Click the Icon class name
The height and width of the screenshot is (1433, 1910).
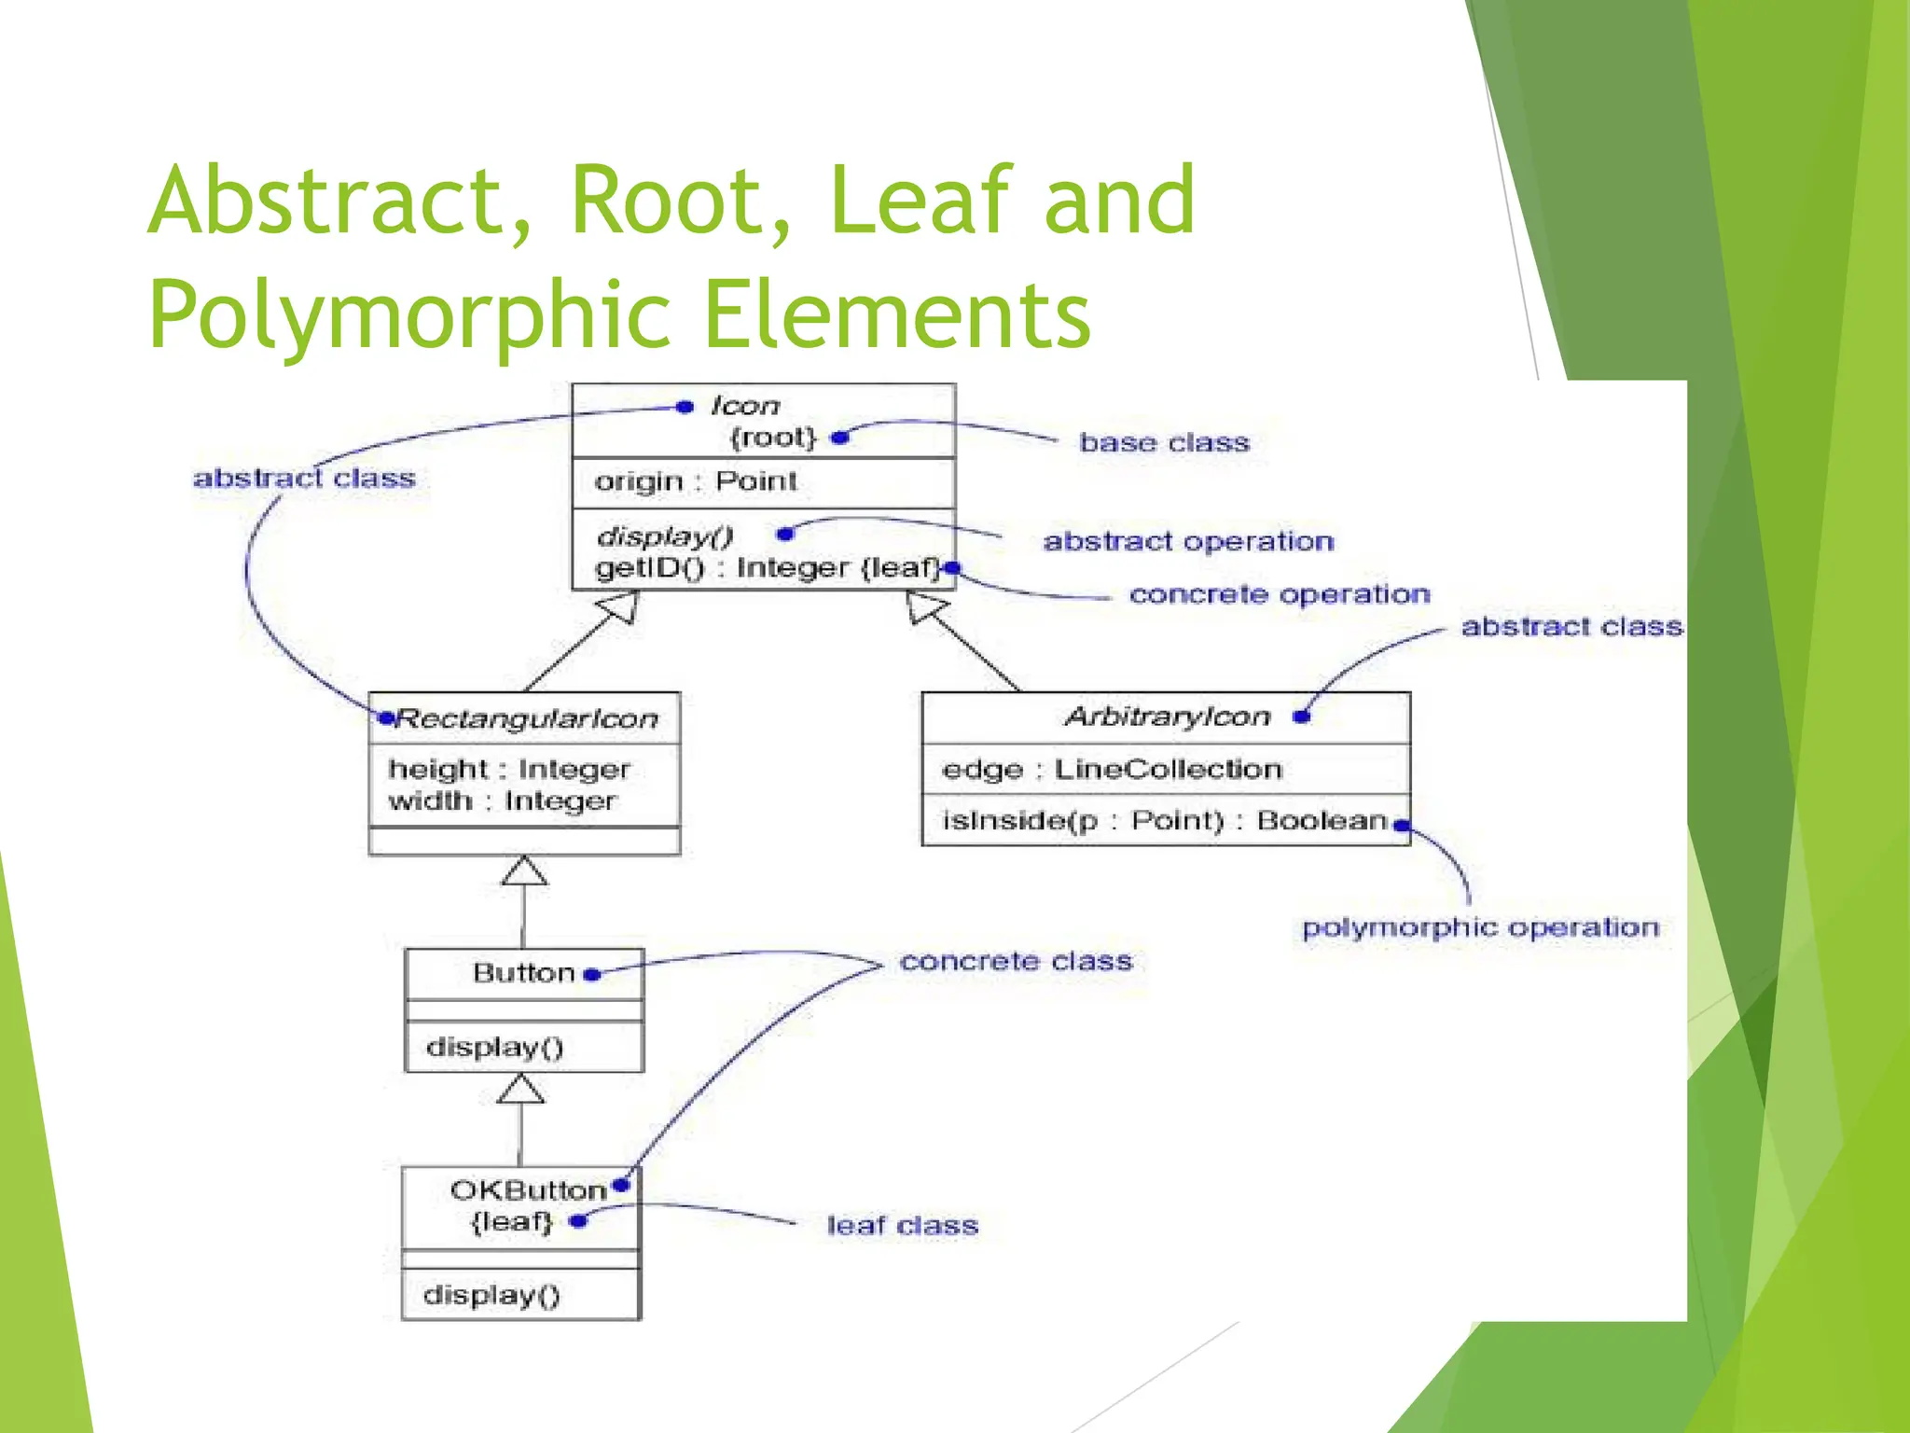(x=744, y=406)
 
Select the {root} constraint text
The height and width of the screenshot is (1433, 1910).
(x=773, y=438)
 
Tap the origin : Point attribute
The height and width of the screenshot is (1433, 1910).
(x=696, y=481)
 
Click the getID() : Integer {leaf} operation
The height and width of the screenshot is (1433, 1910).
(x=767, y=568)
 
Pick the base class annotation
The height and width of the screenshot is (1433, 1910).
(x=1164, y=442)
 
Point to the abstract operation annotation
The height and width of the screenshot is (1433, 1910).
(x=1188, y=541)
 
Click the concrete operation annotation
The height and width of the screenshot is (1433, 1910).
(x=1279, y=594)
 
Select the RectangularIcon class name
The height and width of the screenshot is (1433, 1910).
(x=527, y=718)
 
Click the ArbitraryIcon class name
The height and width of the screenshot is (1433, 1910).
(x=1167, y=716)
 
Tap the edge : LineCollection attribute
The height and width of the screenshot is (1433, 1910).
(x=1112, y=770)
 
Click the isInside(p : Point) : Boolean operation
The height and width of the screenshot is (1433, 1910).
(x=1164, y=821)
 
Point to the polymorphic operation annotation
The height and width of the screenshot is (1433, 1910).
(x=1480, y=927)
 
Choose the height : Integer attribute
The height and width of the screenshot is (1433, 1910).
(x=509, y=770)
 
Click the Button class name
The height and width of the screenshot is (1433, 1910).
(x=523, y=973)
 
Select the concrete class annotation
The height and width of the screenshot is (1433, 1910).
(x=1016, y=962)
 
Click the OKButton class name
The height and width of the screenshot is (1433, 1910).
(x=528, y=1190)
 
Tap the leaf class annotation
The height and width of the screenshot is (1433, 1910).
(x=902, y=1225)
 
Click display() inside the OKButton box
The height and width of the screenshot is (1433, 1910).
(x=491, y=1295)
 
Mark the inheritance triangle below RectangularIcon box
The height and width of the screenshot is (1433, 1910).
(x=524, y=871)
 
